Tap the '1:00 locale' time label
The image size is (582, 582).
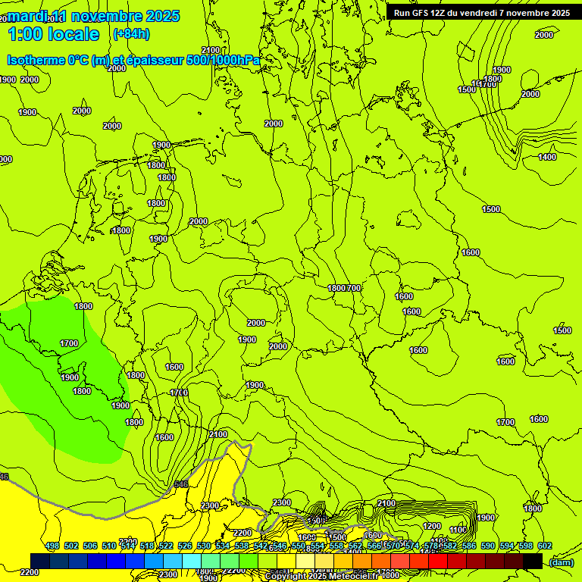click(53, 34)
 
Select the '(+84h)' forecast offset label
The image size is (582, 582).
click(131, 34)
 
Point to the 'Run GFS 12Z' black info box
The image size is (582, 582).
click(482, 12)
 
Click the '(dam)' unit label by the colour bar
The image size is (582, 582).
click(561, 562)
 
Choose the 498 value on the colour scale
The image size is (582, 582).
click(52, 546)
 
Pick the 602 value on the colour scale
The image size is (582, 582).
click(545, 546)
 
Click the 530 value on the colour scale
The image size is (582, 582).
click(204, 546)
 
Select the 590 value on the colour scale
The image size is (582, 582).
click(488, 546)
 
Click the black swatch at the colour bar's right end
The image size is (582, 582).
click(533, 561)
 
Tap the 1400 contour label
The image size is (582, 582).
click(547, 157)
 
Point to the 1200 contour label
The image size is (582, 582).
click(432, 526)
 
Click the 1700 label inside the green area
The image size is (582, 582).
click(69, 343)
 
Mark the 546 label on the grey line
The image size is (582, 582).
click(180, 483)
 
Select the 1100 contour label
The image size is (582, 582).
click(458, 530)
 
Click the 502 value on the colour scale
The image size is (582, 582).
click(71, 546)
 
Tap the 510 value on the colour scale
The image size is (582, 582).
click(109, 546)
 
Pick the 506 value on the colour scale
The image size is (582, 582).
click(90, 546)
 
